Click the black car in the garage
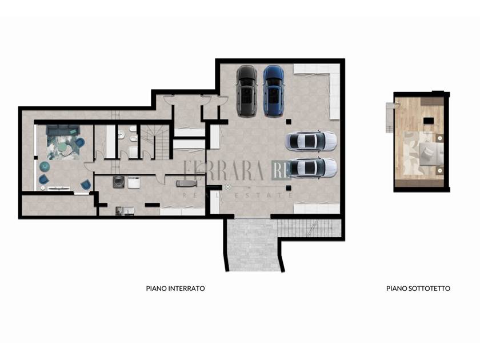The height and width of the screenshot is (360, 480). pyautogui.click(x=246, y=91)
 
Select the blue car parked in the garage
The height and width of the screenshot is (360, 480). pyautogui.click(x=274, y=91)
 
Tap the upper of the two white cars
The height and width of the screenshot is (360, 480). pyautogui.click(x=311, y=141)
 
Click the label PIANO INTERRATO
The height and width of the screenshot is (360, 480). pyautogui.click(x=175, y=289)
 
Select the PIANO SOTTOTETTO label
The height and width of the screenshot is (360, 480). pyautogui.click(x=418, y=289)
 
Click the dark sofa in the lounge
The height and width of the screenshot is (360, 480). pyautogui.click(x=63, y=130)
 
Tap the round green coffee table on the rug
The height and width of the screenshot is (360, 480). pyautogui.click(x=64, y=147)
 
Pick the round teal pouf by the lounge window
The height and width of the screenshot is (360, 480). pyautogui.click(x=45, y=166)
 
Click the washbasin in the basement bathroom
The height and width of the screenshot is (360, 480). pyautogui.click(x=121, y=134)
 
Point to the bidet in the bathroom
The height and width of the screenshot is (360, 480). pyautogui.click(x=133, y=139)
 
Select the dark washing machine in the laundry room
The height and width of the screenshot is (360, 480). pyautogui.click(x=118, y=182)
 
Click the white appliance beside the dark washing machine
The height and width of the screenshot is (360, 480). pyautogui.click(x=134, y=182)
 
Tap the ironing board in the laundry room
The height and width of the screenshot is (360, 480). pyautogui.click(x=186, y=183)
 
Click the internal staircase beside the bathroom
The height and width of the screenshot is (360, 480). pyautogui.click(x=157, y=142)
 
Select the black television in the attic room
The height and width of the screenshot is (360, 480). pyautogui.click(x=429, y=121)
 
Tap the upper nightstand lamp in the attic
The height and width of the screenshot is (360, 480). pyautogui.click(x=440, y=138)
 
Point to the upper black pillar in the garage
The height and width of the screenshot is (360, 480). pyautogui.click(x=289, y=122)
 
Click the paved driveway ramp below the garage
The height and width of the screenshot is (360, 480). pyautogui.click(x=254, y=245)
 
